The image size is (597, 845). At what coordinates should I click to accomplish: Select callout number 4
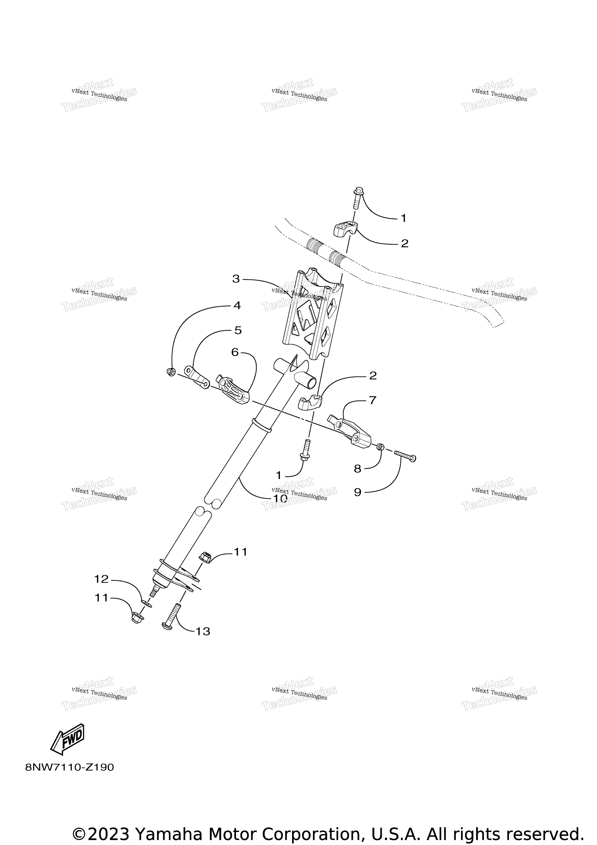point(237,305)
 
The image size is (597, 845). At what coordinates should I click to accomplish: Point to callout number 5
point(238,330)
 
